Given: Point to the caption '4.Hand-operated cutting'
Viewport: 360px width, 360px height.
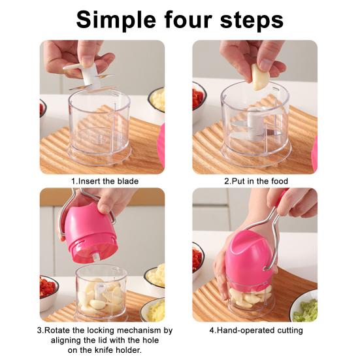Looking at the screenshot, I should click(x=255, y=331).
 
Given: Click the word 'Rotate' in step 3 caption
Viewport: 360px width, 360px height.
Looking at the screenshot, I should click(x=65, y=331).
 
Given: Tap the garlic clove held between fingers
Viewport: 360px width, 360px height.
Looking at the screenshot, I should click(x=260, y=76).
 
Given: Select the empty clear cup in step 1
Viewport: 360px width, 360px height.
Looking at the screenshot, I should click(x=99, y=127).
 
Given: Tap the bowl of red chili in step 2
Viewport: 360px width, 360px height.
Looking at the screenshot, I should click(x=199, y=101).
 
